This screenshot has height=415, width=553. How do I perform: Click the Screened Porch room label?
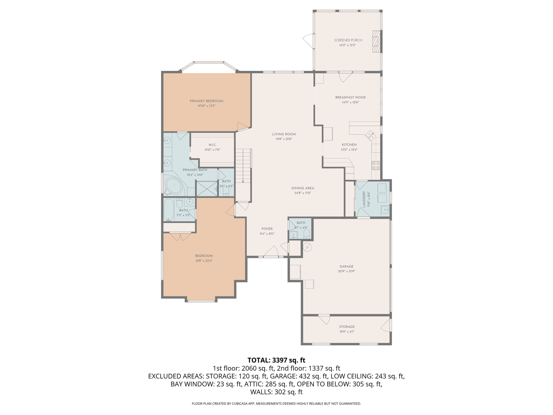tap(348, 40)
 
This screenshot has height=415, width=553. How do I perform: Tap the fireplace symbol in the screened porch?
tap(376, 41)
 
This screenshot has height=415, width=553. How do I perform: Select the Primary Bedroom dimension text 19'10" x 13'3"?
tap(206, 106)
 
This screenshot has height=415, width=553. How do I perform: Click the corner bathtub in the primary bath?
tap(174, 186)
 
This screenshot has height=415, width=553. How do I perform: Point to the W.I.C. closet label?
tap(212, 145)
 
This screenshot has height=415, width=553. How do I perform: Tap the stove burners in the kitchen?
tap(376, 165)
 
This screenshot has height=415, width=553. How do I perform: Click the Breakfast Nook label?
tap(350, 97)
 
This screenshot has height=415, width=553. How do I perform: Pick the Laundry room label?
tap(364, 199)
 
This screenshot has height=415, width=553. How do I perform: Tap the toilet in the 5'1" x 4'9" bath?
tap(306, 233)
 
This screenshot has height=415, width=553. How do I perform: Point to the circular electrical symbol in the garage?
tap(308, 247)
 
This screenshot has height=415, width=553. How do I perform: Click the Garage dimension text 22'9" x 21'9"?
tap(346, 271)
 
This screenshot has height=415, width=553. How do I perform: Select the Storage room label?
tap(347, 327)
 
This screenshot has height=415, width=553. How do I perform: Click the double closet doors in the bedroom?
tap(180, 236)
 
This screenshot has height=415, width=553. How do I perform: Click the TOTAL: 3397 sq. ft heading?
tap(276, 360)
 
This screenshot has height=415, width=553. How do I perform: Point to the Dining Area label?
tap(303, 188)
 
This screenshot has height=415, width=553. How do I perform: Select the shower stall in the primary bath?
tap(207, 189)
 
